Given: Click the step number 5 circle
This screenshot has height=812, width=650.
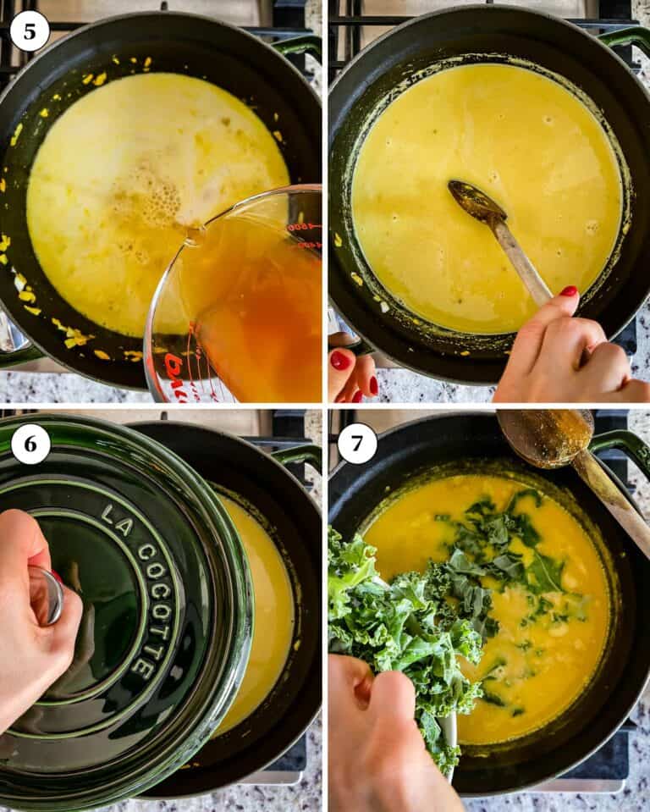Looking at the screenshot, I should [30, 31].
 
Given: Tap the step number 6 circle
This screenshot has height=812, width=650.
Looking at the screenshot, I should [30, 445].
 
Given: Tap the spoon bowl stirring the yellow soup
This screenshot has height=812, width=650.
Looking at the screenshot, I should [476, 202].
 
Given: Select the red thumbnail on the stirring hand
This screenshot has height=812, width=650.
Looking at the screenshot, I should [569, 291].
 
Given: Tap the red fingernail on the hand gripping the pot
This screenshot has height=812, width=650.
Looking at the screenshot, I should [339, 360].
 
